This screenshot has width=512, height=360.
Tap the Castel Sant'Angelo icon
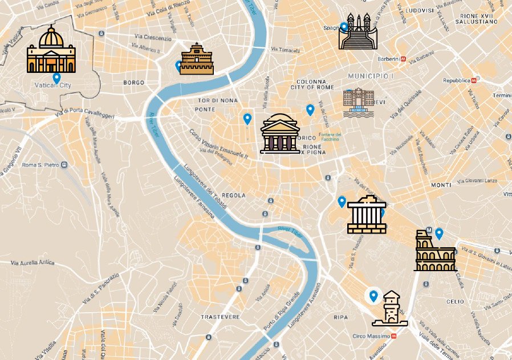197,59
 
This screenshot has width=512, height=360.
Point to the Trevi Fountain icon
359,103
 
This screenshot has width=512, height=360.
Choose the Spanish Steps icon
358,32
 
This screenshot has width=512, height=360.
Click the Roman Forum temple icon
366,217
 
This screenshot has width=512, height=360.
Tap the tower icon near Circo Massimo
390,309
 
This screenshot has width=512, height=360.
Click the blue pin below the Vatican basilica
56,78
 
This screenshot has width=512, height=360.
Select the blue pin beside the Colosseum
439,234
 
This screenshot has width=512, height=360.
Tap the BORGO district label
134,83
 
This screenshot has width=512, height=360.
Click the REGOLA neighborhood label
234,195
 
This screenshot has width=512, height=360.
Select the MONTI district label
441,185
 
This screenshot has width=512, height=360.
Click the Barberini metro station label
391,59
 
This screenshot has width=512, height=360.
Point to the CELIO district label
455,301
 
